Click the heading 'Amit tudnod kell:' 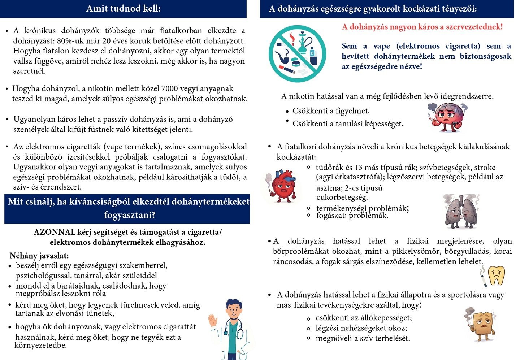123,9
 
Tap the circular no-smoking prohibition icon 297,53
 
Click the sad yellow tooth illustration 497,276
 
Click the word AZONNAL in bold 55,232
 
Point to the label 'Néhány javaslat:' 39,256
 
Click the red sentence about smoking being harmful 422,27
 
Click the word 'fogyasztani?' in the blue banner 130,215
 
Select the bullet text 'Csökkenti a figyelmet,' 331,111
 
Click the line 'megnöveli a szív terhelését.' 363,339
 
